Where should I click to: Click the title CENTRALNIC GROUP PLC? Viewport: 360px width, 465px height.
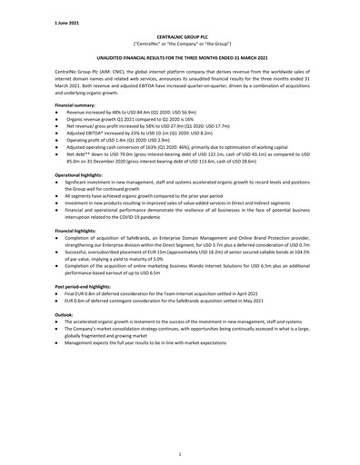179,35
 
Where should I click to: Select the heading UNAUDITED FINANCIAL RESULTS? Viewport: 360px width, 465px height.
179,56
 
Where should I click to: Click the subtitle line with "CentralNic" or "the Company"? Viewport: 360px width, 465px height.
179,43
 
